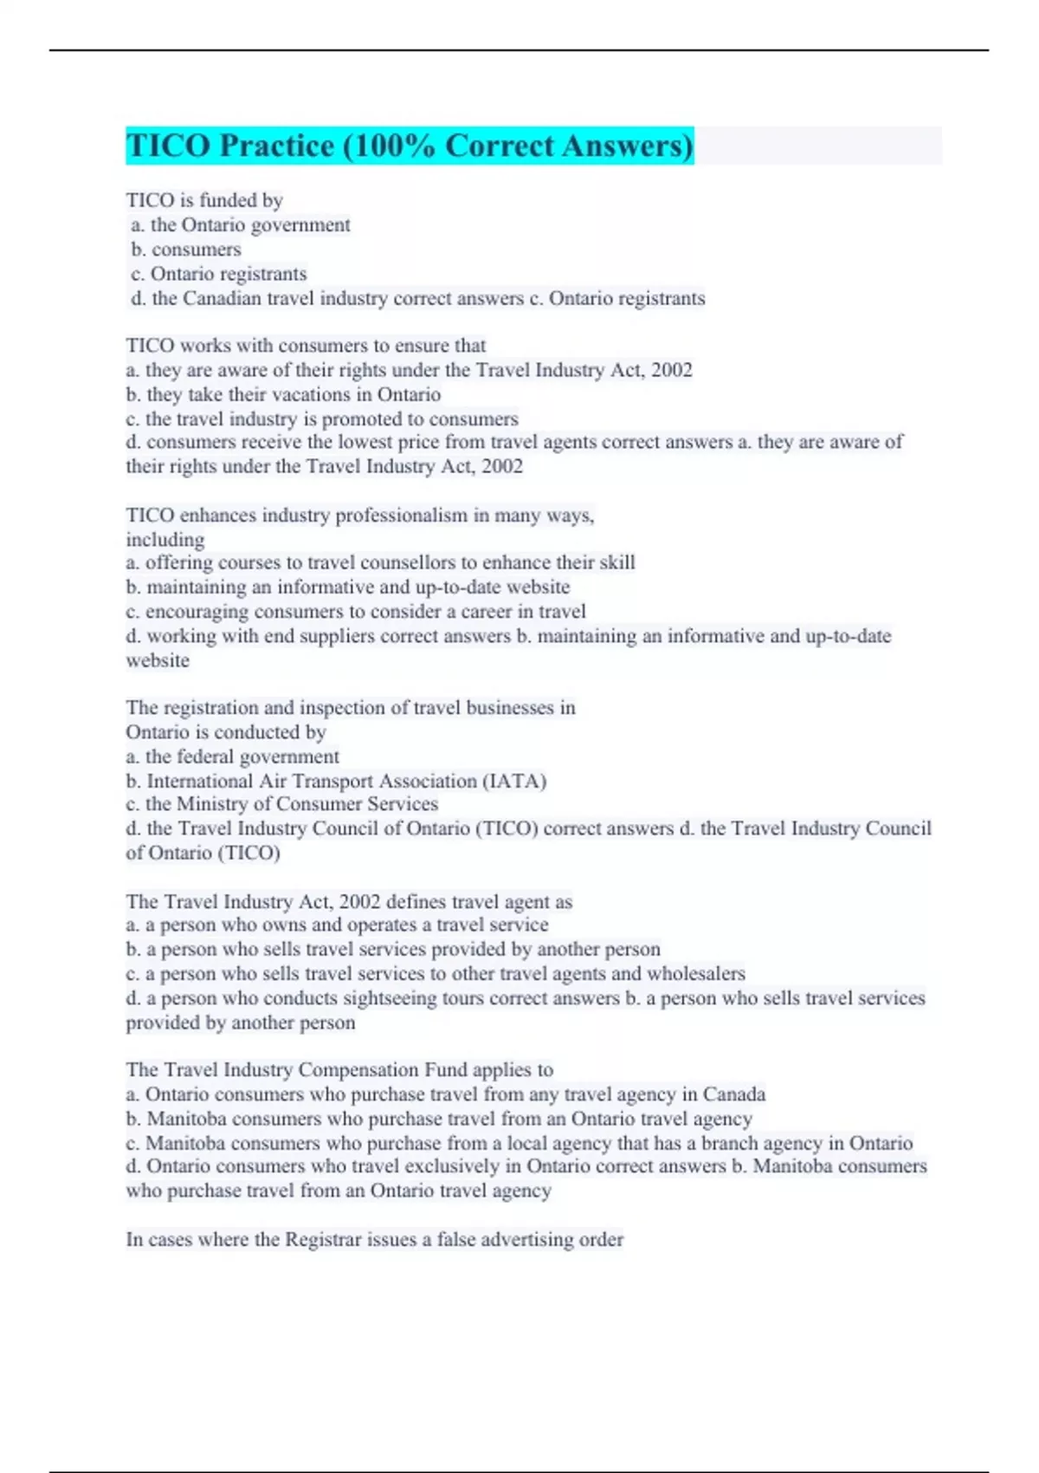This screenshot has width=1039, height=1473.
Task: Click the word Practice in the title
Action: [276, 146]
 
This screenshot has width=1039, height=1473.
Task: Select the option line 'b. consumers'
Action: [186, 250]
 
